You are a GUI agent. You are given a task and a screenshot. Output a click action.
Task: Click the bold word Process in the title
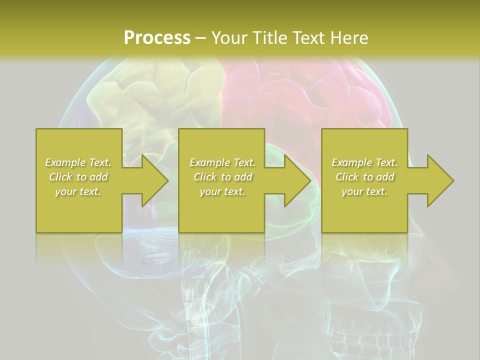pos(157,38)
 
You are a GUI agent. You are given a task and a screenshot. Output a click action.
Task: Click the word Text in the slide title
pos(310,38)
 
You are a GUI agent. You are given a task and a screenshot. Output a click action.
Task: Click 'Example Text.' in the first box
pos(78,162)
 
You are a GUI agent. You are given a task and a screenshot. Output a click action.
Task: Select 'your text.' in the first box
pos(78,191)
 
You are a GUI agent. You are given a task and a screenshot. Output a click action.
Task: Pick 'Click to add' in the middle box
pos(222,177)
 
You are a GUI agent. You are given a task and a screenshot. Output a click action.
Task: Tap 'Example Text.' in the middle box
pos(222,162)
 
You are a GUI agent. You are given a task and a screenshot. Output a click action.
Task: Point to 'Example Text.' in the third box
pos(364,162)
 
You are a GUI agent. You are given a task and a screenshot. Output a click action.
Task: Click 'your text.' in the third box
pos(364,191)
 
